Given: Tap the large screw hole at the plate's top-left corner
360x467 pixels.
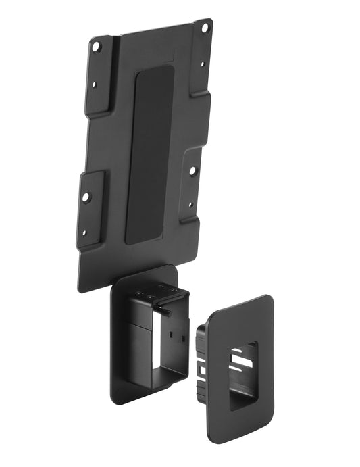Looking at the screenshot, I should tap(96, 46).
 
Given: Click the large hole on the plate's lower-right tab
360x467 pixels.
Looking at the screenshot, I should tap(192, 171).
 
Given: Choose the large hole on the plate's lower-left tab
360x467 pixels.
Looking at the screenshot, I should tap(85, 197).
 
